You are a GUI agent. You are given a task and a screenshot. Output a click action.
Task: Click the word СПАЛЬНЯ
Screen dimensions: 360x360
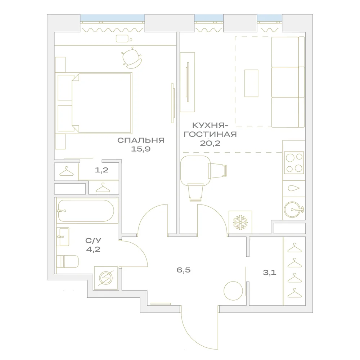tap(141, 140)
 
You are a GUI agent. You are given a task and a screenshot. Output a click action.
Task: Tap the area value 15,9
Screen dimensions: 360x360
tap(141, 149)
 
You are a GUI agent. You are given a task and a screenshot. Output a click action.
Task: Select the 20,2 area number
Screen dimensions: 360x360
tap(210, 143)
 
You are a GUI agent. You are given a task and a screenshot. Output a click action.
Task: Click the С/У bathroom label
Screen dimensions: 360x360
tap(93, 240)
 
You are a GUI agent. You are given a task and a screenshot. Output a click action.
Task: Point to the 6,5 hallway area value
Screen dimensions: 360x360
tap(184, 270)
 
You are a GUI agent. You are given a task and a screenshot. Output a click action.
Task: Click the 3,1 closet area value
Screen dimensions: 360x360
tap(269, 273)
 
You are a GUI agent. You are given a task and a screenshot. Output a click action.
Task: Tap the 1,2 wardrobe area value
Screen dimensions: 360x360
tap(102, 170)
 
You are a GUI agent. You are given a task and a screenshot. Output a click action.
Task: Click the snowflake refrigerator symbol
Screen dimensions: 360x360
tap(240, 222)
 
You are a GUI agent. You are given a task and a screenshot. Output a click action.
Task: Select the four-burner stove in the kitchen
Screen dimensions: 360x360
tap(294, 163)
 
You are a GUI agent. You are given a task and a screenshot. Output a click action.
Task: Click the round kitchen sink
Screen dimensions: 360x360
tap(292, 210)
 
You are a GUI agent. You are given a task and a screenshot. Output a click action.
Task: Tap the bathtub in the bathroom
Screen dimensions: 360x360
tap(86, 211)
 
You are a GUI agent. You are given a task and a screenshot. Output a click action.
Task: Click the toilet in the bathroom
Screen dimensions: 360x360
tap(68, 261)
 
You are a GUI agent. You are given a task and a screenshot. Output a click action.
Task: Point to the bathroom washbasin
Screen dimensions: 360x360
tap(63, 237)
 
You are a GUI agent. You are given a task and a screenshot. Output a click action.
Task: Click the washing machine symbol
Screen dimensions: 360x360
tap(106, 278)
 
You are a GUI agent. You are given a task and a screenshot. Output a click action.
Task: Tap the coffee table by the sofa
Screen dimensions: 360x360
tap(251, 84)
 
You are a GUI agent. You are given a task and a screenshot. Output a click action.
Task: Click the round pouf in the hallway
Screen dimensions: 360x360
tap(233, 291)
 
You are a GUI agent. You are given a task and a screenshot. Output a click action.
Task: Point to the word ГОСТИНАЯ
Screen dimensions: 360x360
tap(210, 134)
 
